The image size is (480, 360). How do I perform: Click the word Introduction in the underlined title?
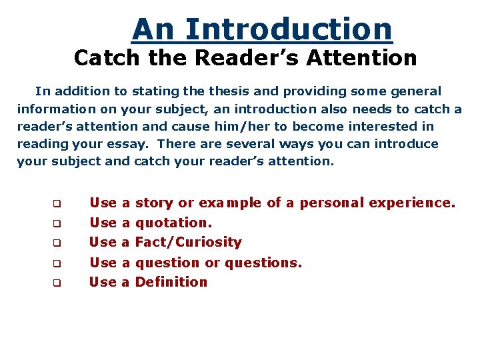(289, 29)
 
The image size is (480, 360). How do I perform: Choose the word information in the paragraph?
(55, 109)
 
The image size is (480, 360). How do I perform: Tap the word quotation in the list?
(173, 223)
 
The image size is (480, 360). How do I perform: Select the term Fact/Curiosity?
(188, 242)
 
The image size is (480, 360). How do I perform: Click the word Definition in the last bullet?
(171, 282)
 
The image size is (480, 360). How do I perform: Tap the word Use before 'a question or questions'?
(103, 263)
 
